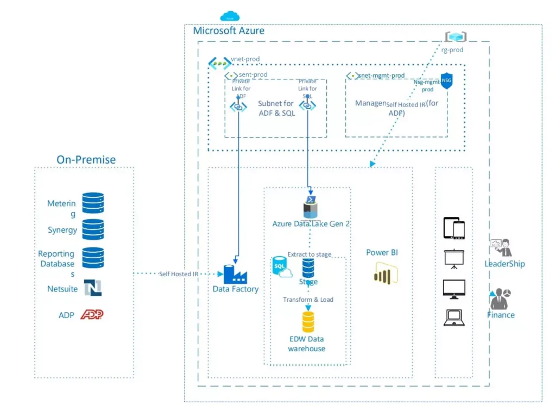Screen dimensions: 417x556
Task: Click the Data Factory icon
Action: tap(235, 273)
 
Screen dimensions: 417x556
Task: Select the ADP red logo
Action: tap(92, 315)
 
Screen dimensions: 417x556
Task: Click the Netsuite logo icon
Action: tap(93, 288)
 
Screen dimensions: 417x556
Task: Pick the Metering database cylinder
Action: tap(93, 203)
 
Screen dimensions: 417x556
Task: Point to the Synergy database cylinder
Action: tap(93, 230)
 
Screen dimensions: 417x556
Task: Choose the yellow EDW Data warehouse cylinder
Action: tap(308, 321)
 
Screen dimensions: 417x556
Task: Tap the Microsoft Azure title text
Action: tap(229, 30)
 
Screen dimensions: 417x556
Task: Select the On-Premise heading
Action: tap(86, 159)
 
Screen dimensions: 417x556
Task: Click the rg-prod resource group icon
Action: tap(456, 36)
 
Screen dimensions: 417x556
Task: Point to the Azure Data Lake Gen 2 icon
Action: tap(310, 207)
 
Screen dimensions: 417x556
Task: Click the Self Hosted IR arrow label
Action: tap(175, 274)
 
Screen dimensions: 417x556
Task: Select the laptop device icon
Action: tap(454, 318)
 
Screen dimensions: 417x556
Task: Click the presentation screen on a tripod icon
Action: tap(454, 259)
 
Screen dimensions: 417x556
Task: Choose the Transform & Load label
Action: tap(308, 300)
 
